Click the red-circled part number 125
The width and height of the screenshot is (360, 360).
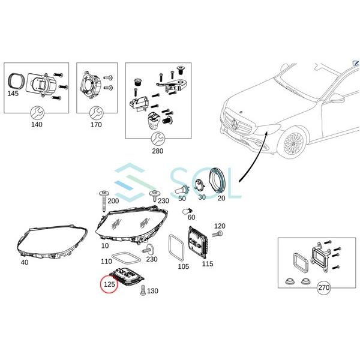pyautogui.click(x=109, y=283)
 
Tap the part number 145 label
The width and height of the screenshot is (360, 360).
pyautogui.click(x=13, y=94)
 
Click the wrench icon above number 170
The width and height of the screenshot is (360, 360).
pyautogui.click(x=96, y=112)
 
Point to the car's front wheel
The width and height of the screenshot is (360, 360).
pyautogui.click(x=294, y=145)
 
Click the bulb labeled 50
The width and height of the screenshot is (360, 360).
pyautogui.click(x=181, y=194)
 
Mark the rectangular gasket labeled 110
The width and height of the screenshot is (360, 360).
pyautogui.click(x=125, y=259)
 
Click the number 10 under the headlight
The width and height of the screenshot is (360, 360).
pyautogui.click(x=105, y=246)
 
